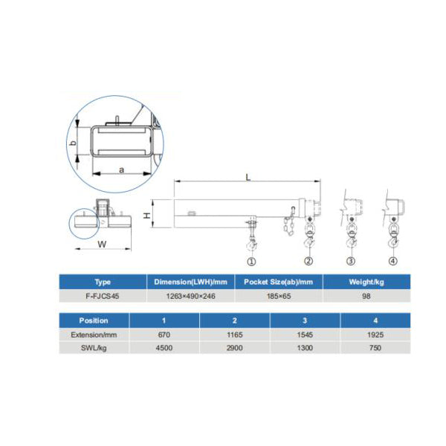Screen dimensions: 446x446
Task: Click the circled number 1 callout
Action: (251, 262)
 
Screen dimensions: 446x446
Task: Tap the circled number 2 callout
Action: (308, 261)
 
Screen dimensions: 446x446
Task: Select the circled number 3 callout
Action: (351, 261)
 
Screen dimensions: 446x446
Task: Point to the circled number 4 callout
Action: (392, 261)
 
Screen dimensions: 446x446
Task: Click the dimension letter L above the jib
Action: (248, 178)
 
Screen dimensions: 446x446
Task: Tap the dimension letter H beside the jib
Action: (146, 216)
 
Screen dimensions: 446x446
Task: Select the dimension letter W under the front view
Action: (102, 244)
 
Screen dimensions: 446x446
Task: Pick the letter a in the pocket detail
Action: (121, 170)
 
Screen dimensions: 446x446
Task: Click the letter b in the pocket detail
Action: (74, 143)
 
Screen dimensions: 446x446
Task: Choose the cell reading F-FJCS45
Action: (103, 296)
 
